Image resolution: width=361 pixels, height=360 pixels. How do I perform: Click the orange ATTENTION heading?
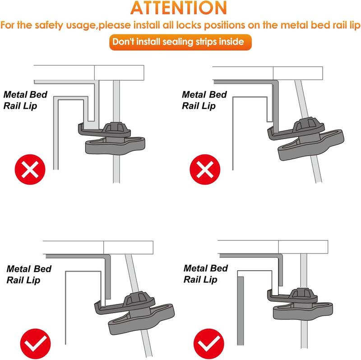[x=179, y=8]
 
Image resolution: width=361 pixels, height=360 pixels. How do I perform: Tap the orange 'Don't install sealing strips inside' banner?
[x=180, y=42]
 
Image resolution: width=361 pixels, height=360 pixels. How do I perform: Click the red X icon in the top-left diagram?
[x=30, y=170]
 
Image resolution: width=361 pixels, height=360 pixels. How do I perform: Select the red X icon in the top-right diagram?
[x=205, y=170]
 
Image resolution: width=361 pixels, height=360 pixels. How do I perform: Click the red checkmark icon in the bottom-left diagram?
[x=36, y=344]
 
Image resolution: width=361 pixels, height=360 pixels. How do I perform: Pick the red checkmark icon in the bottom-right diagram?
[x=209, y=344]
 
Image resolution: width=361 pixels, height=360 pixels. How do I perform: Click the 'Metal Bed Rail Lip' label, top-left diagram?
[x=25, y=100]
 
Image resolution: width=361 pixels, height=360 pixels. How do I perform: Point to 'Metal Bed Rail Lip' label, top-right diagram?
[x=204, y=100]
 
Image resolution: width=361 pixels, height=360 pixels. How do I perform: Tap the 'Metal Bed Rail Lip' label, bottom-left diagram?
[x=29, y=274]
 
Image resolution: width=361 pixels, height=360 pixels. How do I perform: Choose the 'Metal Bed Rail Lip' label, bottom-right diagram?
[x=206, y=274]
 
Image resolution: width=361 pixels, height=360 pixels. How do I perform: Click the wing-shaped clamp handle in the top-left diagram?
[x=115, y=146]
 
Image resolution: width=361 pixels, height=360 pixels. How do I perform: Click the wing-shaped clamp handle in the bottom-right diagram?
[x=303, y=311]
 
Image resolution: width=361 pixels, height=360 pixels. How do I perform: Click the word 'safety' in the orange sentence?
[x=49, y=25]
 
